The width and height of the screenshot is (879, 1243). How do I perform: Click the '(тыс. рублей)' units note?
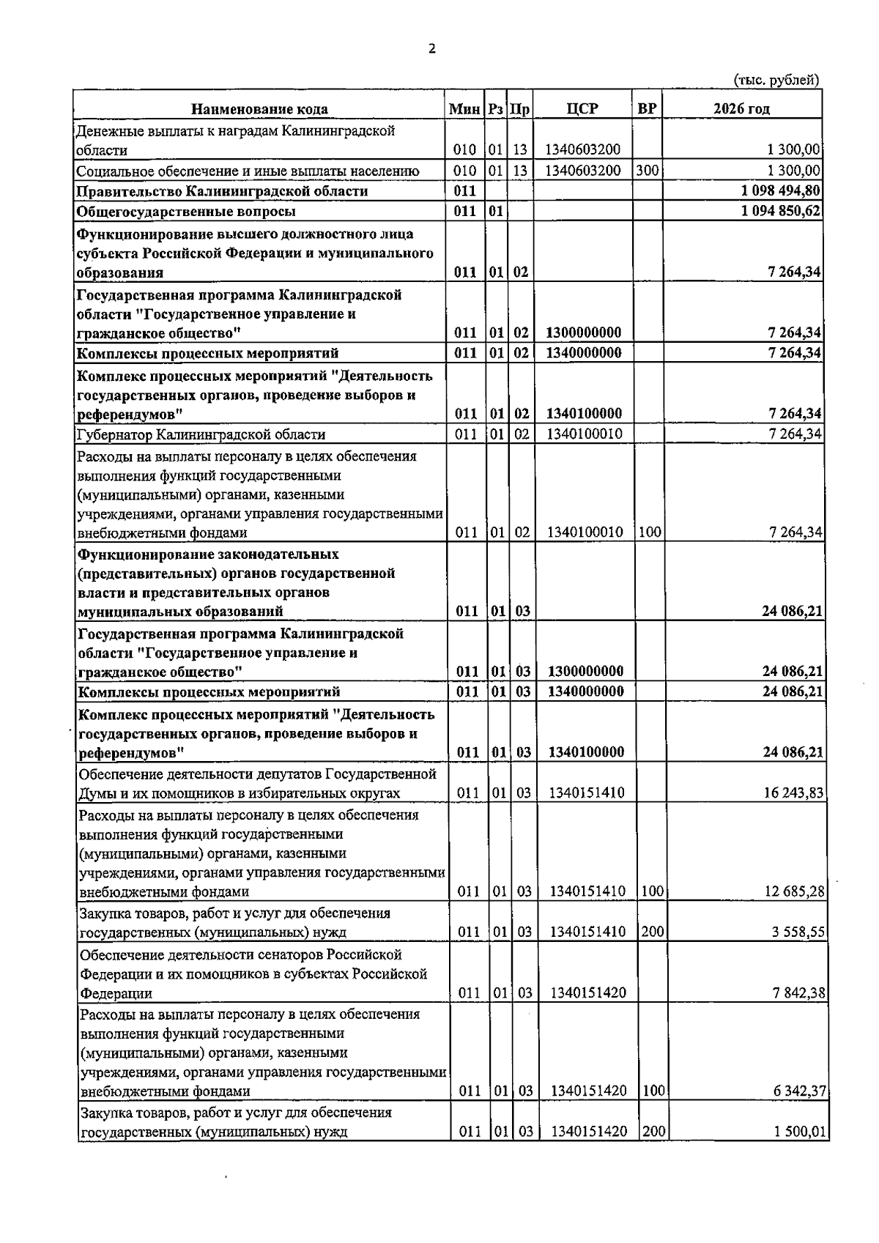tap(776, 81)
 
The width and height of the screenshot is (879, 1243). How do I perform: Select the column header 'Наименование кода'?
tap(259, 109)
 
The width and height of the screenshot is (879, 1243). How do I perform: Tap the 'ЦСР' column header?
tap(582, 108)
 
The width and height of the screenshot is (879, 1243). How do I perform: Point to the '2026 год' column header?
tap(741, 108)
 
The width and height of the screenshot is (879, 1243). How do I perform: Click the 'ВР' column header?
tap(647, 108)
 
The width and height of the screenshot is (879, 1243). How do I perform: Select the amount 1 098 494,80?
tap(781, 191)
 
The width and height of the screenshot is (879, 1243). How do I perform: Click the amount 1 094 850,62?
tap(781, 212)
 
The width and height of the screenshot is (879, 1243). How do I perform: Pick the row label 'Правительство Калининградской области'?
tap(222, 191)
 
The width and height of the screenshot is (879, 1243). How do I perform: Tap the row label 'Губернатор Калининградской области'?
tap(201, 434)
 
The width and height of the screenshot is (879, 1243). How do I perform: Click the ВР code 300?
tap(648, 171)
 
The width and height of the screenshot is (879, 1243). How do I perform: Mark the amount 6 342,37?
tap(798, 1091)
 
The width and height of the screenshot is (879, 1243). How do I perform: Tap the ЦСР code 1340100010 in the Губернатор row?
tap(585, 434)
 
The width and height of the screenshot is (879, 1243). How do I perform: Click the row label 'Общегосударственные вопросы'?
tap(187, 212)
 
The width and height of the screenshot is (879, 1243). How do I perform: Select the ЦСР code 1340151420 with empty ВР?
tap(587, 993)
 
